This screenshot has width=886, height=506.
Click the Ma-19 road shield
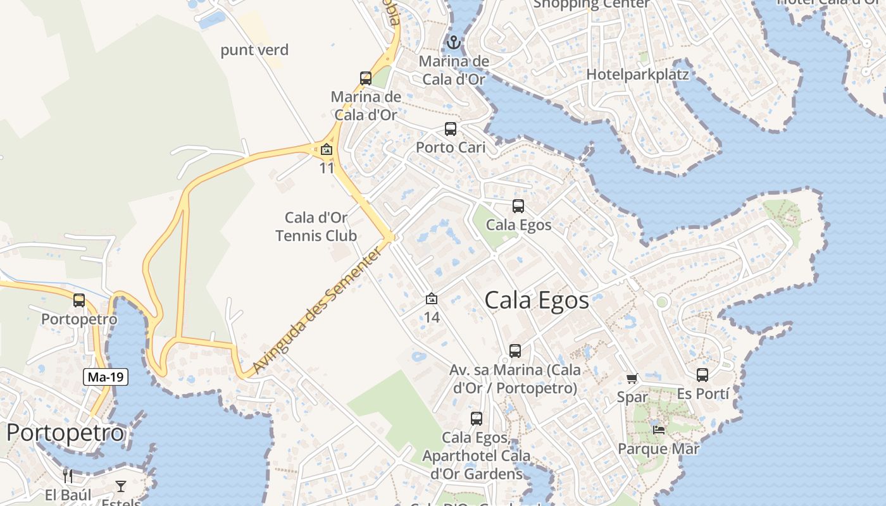pyautogui.click(x=106, y=378)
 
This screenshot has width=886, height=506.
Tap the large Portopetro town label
pyautogui.click(x=65, y=433)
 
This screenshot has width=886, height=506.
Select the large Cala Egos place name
pyautogui.click(x=537, y=300)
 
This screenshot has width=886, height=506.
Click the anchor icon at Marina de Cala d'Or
pyautogui.click(x=453, y=43)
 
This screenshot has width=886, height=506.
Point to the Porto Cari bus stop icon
pyautogui.click(x=451, y=129)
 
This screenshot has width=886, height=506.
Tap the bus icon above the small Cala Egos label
pyautogui.click(x=518, y=206)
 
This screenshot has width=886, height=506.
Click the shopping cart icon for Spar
pyautogui.click(x=632, y=378)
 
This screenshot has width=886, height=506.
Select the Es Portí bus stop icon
pyautogui.click(x=702, y=375)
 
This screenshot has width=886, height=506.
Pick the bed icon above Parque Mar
pyautogui.click(x=659, y=430)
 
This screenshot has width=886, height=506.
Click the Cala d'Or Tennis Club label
pyautogui.click(x=316, y=226)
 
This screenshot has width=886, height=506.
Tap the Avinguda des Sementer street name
pyautogui.click(x=317, y=310)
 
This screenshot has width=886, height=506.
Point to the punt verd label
pyautogui.click(x=254, y=50)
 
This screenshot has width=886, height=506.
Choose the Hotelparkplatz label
pyautogui.click(x=637, y=74)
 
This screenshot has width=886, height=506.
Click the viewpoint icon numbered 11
pyautogui.click(x=327, y=150)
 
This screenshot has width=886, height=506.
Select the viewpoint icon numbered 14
pyautogui.click(x=432, y=299)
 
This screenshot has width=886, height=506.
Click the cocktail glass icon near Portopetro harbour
pyautogui.click(x=121, y=486)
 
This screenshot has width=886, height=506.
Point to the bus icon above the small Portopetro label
pyautogui.click(x=79, y=300)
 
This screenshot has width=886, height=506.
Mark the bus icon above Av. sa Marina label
pyautogui.click(x=515, y=351)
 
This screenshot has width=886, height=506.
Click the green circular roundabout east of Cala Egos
pyautogui.click(x=662, y=302)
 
